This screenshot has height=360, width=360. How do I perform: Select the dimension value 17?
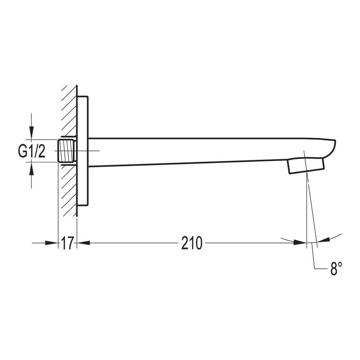click(67, 243)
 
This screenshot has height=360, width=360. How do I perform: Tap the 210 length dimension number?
click(192, 243)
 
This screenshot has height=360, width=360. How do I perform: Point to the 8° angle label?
click(336, 269)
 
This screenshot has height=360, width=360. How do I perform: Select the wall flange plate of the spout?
click(83, 151)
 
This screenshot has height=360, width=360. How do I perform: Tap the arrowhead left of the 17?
click(52, 243)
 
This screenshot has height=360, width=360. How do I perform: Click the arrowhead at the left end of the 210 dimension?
click(84, 243)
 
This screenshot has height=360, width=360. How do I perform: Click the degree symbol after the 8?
click(340, 264)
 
